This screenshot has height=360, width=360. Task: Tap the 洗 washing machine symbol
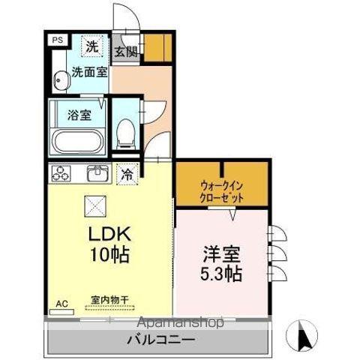pyautogui.click(x=91, y=46)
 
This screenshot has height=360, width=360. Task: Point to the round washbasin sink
pyautogui.click(x=59, y=76)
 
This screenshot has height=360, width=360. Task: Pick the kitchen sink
pyautogui.click(x=97, y=174)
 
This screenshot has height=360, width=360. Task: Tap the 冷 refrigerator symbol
pyautogui.click(x=127, y=174)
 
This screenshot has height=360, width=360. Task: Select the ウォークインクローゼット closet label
pyautogui.click(x=222, y=190)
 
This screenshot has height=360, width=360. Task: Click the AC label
pyautogui.click(x=62, y=304)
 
